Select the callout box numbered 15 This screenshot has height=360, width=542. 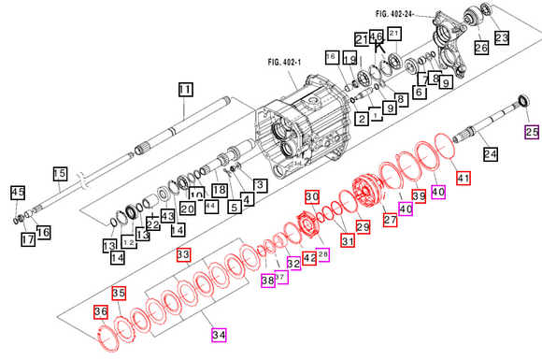60,173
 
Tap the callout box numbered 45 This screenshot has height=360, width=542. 17,193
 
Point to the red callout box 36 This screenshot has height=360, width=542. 100,311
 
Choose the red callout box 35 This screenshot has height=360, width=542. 119,293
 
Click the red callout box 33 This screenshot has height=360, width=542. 183,254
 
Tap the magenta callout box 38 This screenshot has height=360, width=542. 267,280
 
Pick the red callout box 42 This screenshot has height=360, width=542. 309,257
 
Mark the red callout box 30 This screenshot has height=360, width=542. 312,197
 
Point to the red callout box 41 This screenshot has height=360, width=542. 464,178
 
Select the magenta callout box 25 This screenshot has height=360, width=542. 532,130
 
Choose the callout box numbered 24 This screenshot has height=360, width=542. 490,153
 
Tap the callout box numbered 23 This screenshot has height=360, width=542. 502,37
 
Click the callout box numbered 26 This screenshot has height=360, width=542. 481,48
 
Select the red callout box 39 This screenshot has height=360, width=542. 418,195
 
